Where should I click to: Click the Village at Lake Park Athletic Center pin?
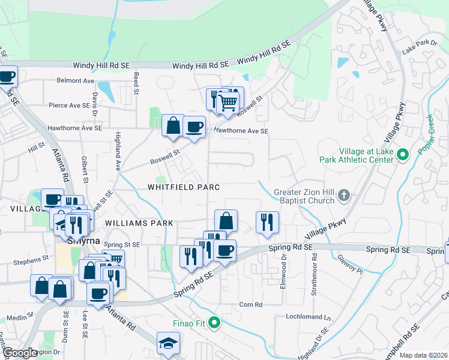[403, 155]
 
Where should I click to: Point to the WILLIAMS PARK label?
[139, 223]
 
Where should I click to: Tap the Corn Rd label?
[251, 305]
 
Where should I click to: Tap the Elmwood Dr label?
[284, 272]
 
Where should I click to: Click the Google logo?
[19, 353]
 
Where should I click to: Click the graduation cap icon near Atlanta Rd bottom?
[168, 343]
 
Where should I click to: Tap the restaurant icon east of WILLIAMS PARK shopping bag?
[266, 221]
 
